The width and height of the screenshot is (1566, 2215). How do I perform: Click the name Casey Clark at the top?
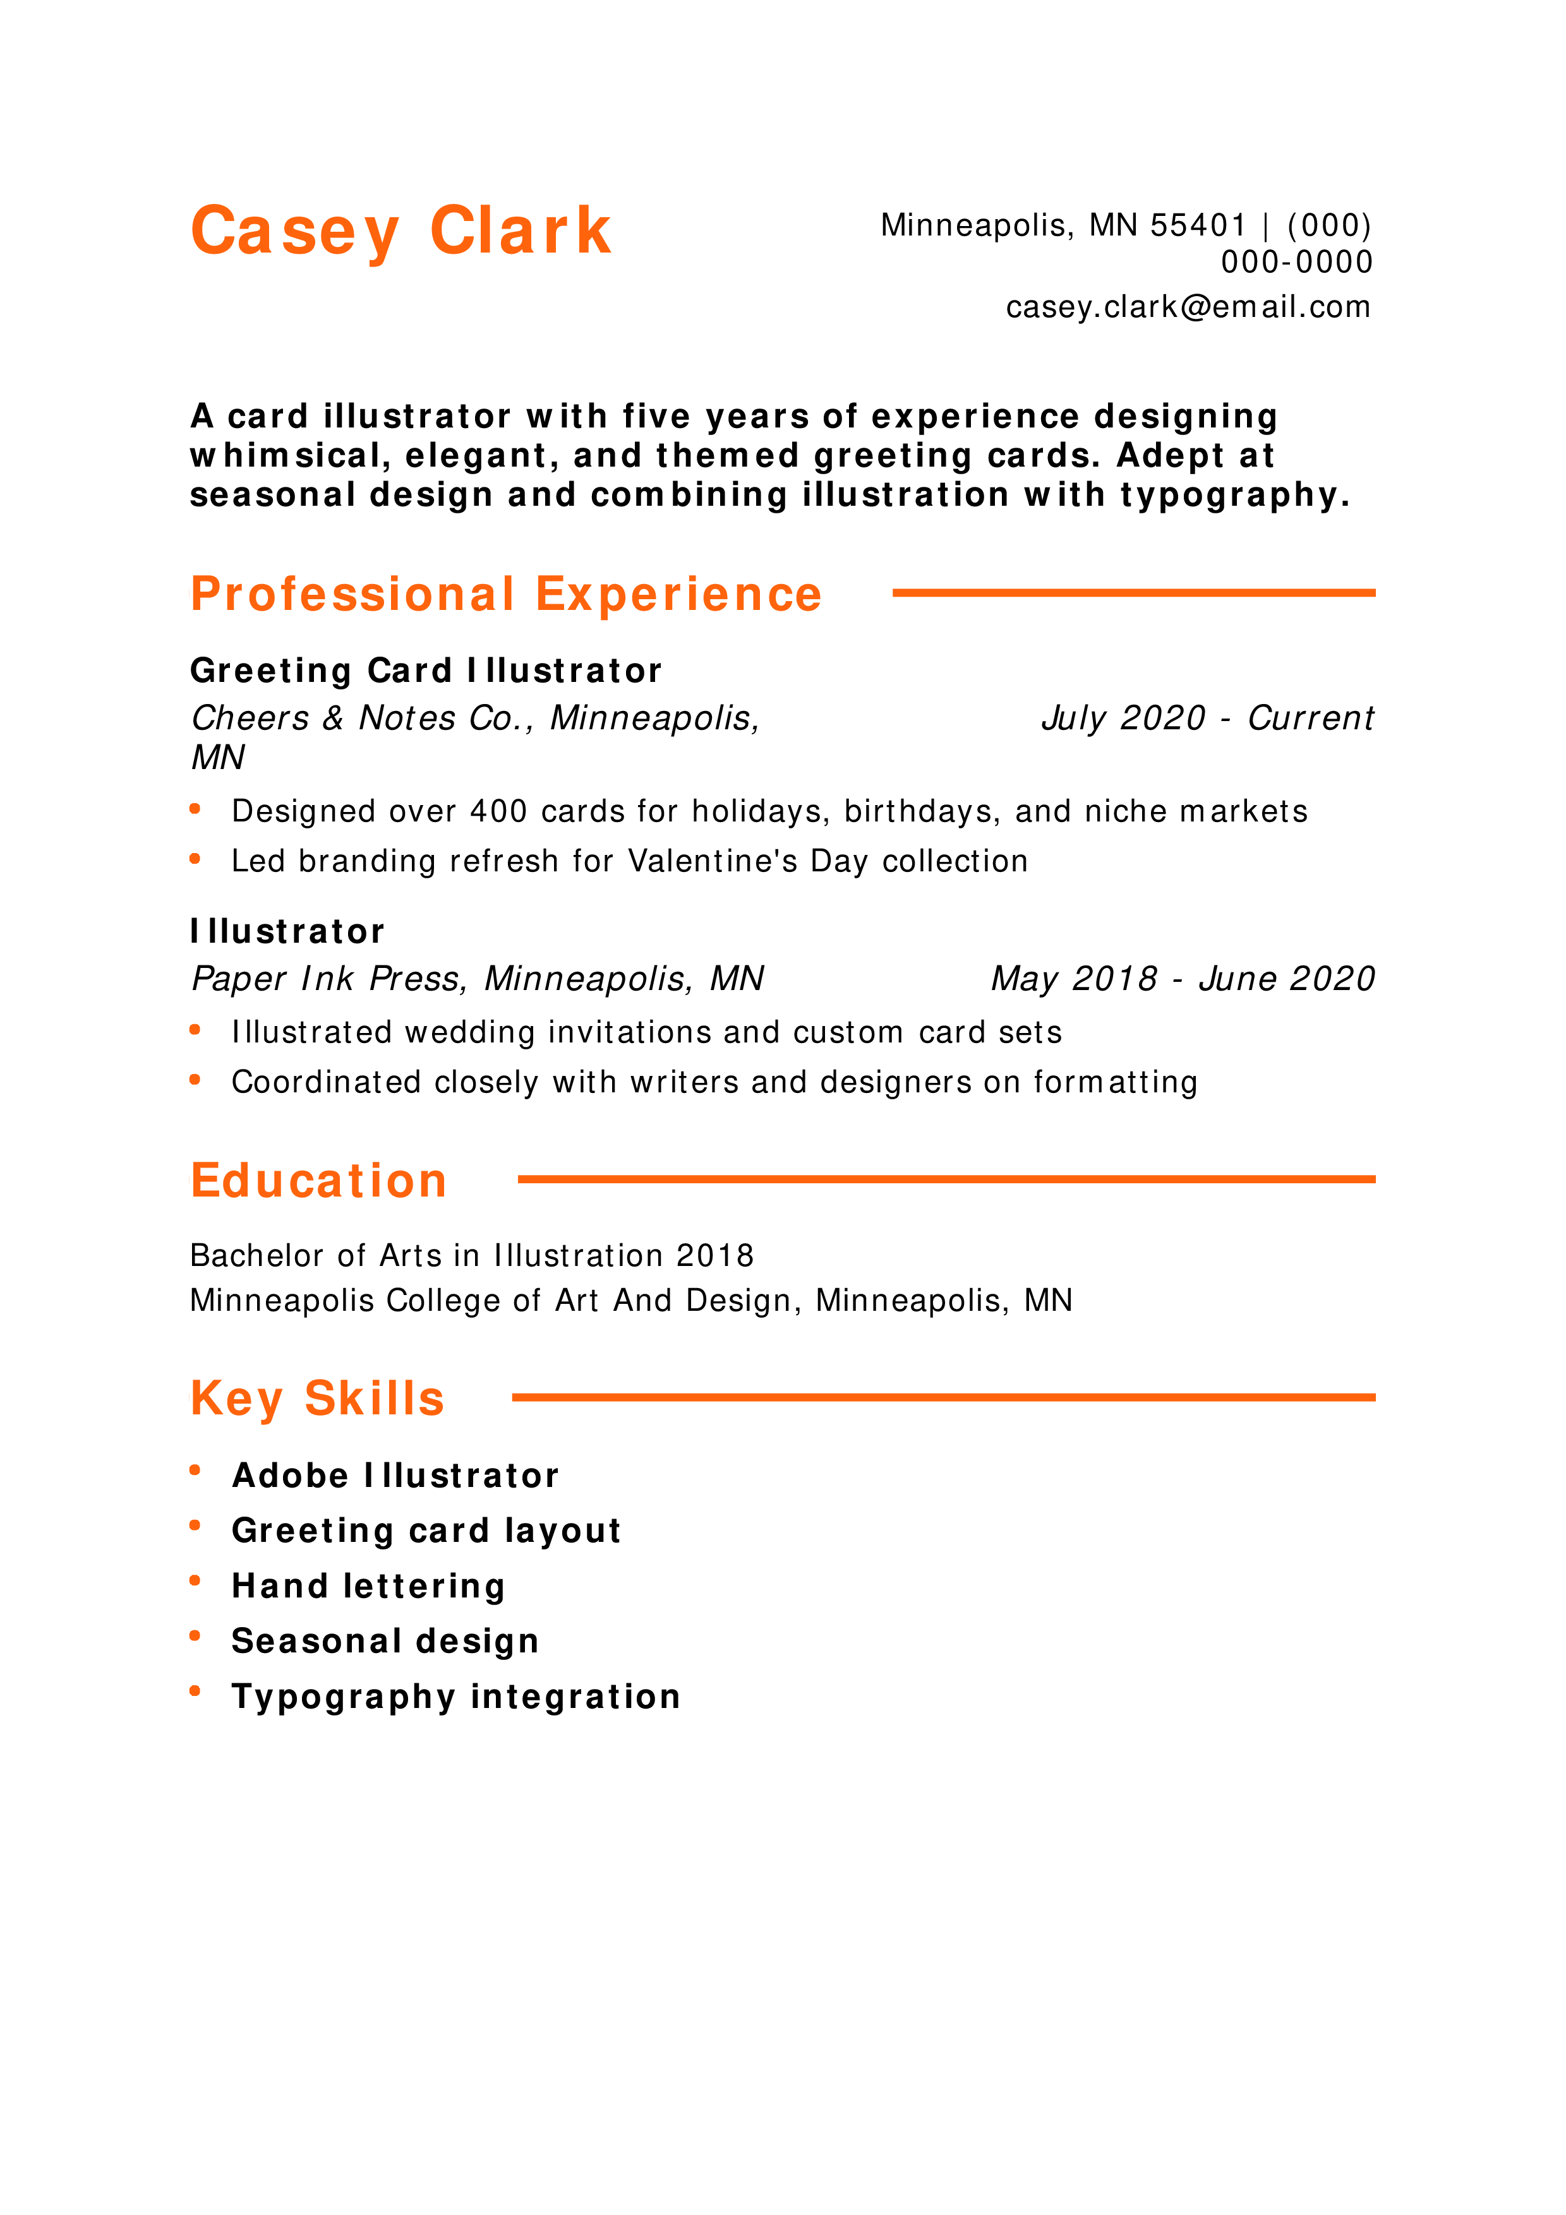click(x=401, y=232)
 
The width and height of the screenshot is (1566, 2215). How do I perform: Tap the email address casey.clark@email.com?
click(x=1188, y=307)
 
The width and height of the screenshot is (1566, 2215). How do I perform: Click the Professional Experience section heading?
click(x=505, y=594)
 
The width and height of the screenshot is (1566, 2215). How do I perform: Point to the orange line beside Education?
click(x=946, y=1179)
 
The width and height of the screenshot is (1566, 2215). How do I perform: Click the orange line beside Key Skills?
click(x=944, y=1397)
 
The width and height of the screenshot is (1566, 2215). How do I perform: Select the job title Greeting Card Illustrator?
click(x=426, y=671)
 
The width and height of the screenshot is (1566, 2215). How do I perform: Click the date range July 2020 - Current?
click(x=1207, y=718)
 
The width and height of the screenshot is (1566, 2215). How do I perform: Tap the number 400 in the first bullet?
click(x=499, y=811)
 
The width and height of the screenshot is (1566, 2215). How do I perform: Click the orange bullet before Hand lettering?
click(x=195, y=1580)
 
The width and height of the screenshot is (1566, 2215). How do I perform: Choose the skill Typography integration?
click(x=456, y=1697)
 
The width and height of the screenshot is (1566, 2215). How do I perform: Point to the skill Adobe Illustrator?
click(x=395, y=1475)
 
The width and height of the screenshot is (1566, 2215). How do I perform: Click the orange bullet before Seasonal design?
click(x=195, y=1635)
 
